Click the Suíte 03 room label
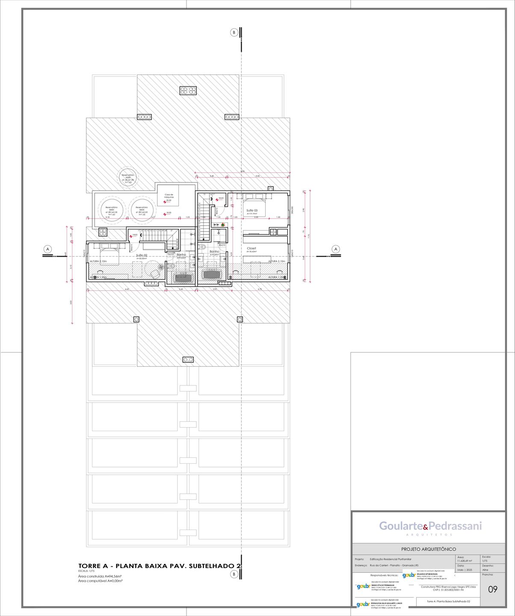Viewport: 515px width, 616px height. pos(252,210)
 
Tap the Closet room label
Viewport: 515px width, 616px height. pos(251,248)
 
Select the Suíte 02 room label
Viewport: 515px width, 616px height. pos(142,255)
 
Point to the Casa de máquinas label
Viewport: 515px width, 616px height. pos(169,195)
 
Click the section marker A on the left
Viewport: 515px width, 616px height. pos(48,249)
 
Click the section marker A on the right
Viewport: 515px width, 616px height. pos(336,249)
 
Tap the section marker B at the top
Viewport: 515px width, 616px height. pos(234,32)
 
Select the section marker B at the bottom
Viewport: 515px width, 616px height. pos(234,574)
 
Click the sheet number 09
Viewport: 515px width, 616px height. pos(493,589)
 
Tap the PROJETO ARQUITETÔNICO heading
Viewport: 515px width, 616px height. pos(428,549)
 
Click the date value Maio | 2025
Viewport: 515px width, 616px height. pos(465,570)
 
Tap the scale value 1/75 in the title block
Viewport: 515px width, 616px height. pos(485,561)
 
